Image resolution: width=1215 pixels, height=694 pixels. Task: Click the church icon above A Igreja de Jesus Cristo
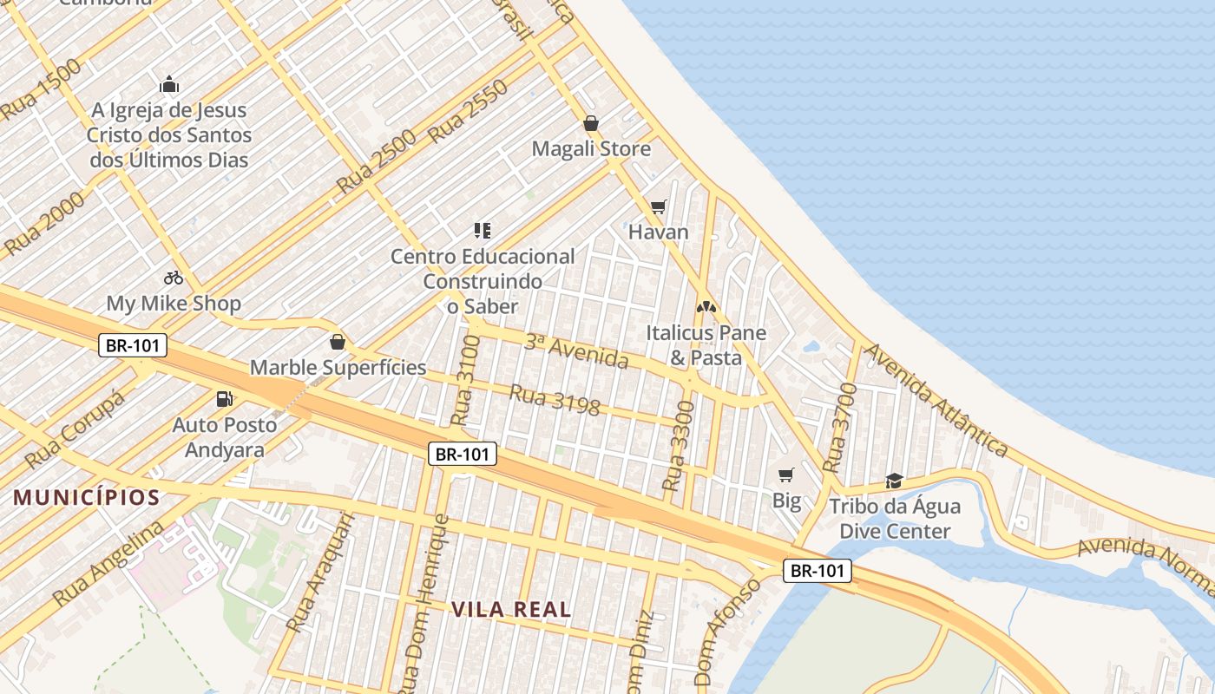point(169,85)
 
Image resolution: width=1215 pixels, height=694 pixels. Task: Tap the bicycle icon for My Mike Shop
point(174,278)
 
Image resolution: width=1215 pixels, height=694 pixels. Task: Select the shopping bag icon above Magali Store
point(591,123)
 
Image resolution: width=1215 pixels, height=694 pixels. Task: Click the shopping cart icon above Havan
point(659,206)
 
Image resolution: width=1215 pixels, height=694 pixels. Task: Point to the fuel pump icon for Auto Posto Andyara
point(225,399)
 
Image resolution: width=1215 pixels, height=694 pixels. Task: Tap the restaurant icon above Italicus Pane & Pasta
point(706,307)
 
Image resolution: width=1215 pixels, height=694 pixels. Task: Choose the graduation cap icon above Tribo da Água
point(894,481)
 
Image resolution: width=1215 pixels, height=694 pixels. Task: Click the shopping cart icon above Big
point(786,475)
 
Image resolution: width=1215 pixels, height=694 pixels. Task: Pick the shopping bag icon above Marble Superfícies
point(338,343)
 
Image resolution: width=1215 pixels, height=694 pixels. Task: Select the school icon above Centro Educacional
point(483,231)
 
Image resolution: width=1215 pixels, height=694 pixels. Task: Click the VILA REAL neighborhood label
point(511,609)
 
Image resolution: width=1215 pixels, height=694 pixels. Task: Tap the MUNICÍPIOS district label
point(87,497)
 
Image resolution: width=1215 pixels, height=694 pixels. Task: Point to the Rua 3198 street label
point(554,399)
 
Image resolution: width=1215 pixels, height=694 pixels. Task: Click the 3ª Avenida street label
point(576,351)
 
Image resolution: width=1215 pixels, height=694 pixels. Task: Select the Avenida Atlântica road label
point(937,399)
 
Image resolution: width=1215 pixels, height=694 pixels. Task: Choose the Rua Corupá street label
point(76,428)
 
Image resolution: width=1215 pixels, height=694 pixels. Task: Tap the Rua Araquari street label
point(320,572)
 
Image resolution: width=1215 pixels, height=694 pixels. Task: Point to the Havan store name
point(658,232)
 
